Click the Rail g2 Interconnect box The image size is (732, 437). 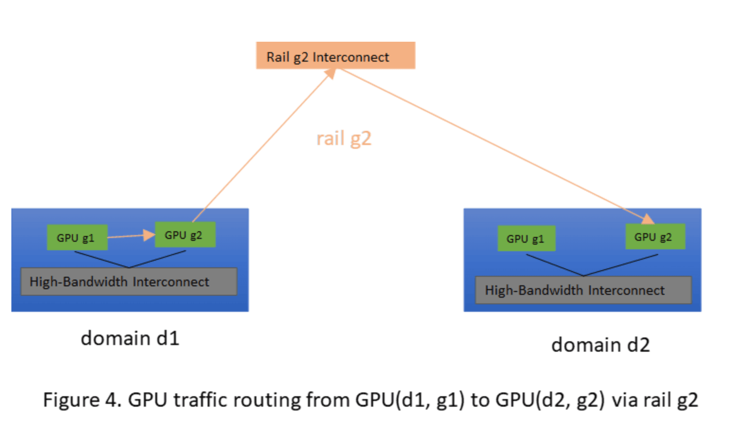coord(335,55)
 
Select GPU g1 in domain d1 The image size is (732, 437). coord(77,237)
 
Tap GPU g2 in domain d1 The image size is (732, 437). coord(185,235)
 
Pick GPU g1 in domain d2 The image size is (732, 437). coord(526,238)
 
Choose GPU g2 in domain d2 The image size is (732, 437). coord(655,237)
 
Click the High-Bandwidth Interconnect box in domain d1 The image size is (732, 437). coord(129,282)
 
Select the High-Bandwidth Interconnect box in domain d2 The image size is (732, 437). coord(583,290)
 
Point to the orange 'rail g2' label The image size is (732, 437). coord(344,139)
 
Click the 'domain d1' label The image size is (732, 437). coord(130,338)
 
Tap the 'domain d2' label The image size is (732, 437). coord(600,345)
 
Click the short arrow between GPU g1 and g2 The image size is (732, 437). coord(130,236)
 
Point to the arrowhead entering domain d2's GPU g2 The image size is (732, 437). coord(648,219)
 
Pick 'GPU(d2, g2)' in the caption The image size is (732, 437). coord(550,400)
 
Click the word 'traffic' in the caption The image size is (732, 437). coord(200,400)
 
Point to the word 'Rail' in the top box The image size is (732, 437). coord(277,57)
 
